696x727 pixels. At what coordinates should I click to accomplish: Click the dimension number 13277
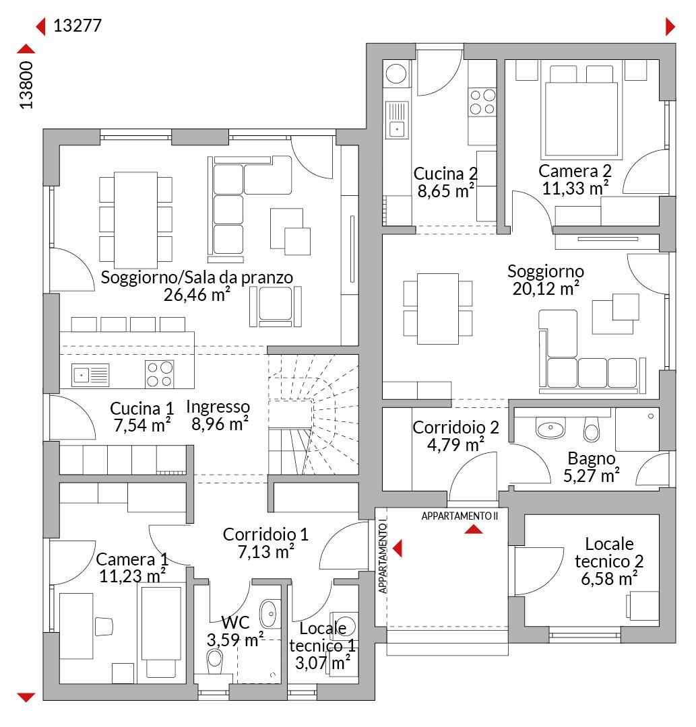77,26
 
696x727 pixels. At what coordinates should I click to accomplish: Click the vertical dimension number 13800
26,85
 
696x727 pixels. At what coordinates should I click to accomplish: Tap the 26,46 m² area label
197,294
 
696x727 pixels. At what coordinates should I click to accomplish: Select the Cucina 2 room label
445,174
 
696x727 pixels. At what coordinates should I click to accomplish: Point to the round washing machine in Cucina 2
396,74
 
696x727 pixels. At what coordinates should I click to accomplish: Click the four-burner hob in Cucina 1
160,374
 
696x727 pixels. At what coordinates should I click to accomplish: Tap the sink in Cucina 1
90,375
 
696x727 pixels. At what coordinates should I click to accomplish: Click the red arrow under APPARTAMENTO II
474,529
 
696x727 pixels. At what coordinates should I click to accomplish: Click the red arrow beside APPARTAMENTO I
397,548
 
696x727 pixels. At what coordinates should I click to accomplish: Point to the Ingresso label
218,407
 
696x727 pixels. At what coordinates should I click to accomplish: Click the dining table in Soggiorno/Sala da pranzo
135,220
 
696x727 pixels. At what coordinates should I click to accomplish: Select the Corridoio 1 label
265,534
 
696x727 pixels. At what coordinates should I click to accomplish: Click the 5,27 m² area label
592,476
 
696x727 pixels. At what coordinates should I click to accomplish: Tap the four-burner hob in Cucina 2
482,102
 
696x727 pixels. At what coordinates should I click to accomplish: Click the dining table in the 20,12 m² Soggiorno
437,308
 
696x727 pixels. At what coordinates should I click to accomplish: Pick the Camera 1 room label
132,559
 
